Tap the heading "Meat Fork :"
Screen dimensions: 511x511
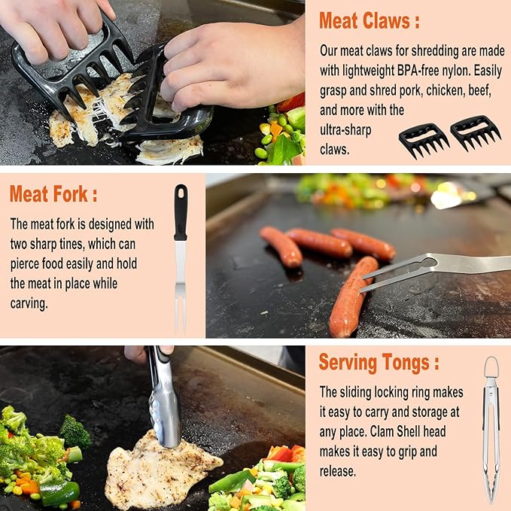53,194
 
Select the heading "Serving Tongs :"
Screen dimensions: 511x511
379,362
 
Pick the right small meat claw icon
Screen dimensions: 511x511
475,132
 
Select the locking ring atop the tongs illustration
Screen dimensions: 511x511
491,367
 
